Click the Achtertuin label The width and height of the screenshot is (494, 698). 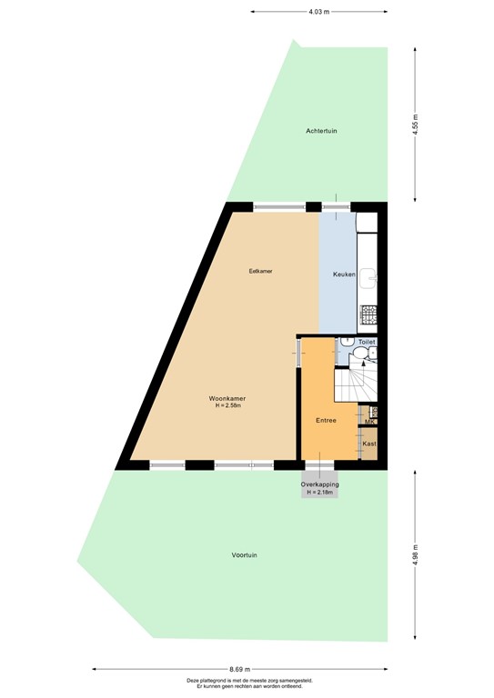coord(321,132)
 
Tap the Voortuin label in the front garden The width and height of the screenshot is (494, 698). coord(244,554)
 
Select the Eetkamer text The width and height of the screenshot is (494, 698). coord(262,271)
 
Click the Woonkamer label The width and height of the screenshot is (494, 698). coord(227,398)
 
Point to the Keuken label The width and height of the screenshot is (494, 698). coord(344,274)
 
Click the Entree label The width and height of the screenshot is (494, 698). coord(326,421)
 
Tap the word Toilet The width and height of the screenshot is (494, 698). coord(366,342)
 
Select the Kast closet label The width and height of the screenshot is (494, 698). coord(369,444)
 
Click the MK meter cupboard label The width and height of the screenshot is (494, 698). coord(369,422)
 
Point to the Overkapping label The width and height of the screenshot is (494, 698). coord(320,484)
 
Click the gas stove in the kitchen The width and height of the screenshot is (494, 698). coord(370,315)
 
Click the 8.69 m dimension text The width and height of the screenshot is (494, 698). coord(239,668)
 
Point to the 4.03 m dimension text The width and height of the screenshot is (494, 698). coord(318,12)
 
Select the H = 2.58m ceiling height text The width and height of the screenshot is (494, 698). coord(227,405)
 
